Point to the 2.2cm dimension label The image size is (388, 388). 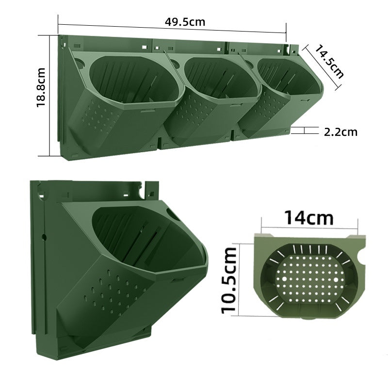(340, 131)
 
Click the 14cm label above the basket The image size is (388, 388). (309, 217)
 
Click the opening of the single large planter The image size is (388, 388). (145, 233)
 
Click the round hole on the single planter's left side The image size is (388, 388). (44, 238)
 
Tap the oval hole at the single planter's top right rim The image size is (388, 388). (174, 214)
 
